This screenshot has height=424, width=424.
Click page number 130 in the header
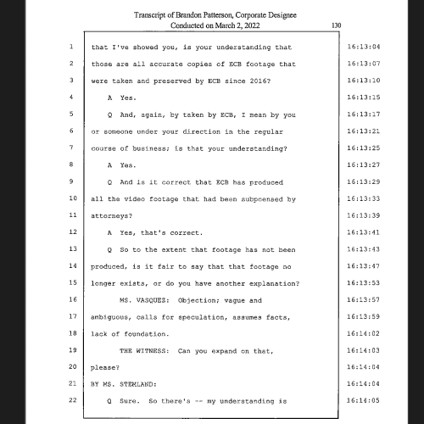(x=337, y=26)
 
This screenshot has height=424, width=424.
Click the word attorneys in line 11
(x=113, y=215)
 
